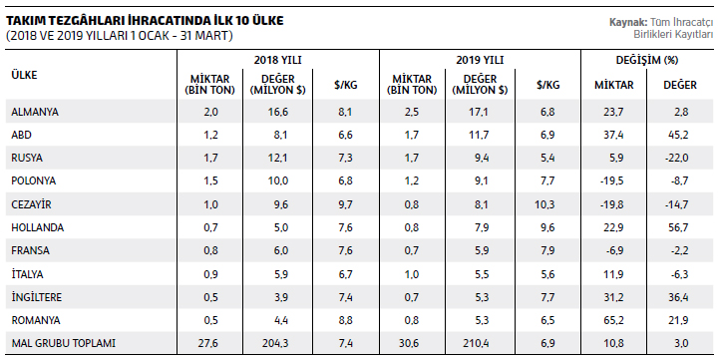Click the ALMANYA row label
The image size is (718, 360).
tap(35, 112)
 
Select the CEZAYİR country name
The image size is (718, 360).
tap(31, 204)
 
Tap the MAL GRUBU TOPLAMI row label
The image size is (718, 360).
tap(63, 343)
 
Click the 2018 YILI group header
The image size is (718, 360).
tap(278, 60)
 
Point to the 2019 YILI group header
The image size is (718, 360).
tap(480, 60)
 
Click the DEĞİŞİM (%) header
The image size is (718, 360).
tap(647, 60)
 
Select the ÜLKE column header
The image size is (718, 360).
tap(24, 75)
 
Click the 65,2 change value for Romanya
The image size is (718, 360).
tap(613, 320)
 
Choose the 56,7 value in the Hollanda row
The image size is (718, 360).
tap(678, 227)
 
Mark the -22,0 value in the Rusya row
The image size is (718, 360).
tap(677, 158)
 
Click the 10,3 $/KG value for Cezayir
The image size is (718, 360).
tap(544, 204)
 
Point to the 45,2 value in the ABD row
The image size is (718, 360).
tap(678, 135)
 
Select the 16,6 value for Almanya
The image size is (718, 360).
tap(278, 112)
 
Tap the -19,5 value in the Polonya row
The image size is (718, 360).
tap(611, 180)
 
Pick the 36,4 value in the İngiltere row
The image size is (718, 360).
tap(678, 297)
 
